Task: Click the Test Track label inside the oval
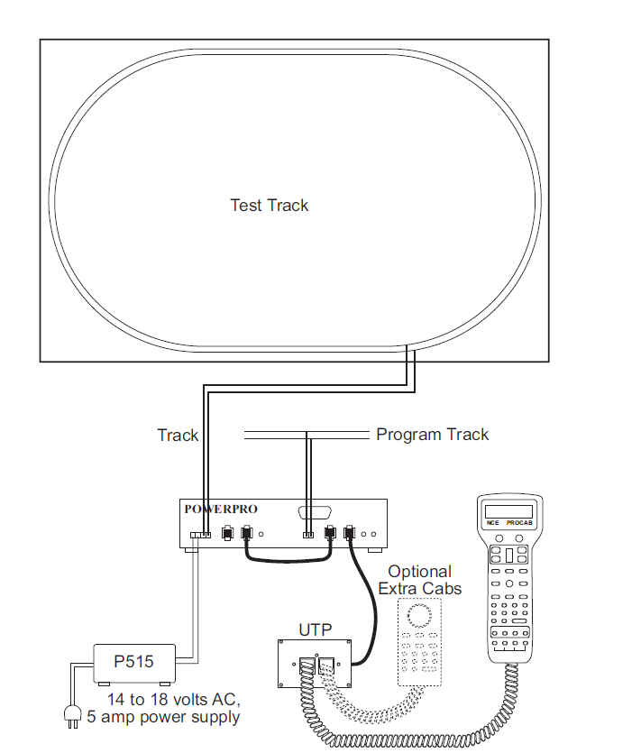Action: tap(269, 206)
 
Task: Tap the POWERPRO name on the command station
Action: tap(221, 509)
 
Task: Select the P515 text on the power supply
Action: tap(133, 661)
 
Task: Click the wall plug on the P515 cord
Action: tap(70, 714)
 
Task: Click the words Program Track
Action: tap(432, 435)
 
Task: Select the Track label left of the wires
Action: tap(178, 436)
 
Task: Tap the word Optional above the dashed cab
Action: tap(419, 572)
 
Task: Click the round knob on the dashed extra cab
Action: tap(419, 617)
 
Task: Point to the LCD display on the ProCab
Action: tap(508, 511)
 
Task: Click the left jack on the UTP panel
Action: tap(307, 668)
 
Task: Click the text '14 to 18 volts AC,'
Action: tap(173, 700)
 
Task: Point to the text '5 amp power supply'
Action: tap(164, 718)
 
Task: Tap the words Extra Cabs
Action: tap(419, 589)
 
